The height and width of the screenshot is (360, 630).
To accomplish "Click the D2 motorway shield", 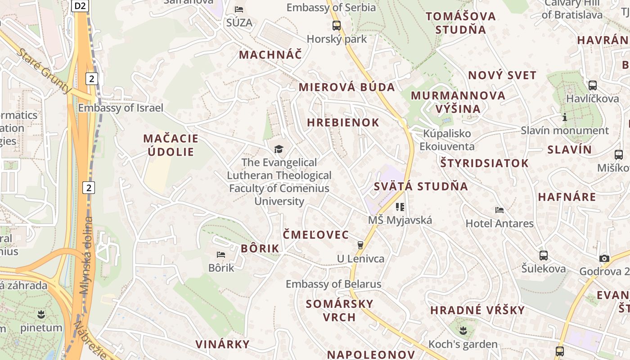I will pyautogui.click(x=80, y=6).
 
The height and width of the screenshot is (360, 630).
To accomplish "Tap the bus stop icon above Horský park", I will pyautogui.click(x=337, y=25).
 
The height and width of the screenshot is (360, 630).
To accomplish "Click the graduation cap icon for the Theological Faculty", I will pyautogui.click(x=279, y=148).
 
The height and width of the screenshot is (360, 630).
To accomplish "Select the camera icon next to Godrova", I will pyautogui.click(x=604, y=258).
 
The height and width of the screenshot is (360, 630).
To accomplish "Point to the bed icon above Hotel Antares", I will pyautogui.click(x=499, y=210).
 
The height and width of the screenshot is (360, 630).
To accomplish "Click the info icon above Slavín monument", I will pyautogui.click(x=564, y=117).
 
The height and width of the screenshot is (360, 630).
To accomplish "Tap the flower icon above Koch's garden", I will pyautogui.click(x=463, y=331).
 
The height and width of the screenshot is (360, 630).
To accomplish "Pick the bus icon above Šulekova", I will pyautogui.click(x=544, y=256).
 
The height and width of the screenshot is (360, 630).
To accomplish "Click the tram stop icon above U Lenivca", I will pyautogui.click(x=360, y=245).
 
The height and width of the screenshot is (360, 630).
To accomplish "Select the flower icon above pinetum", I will pyautogui.click(x=41, y=314).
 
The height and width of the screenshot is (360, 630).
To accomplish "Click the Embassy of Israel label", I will pyautogui.click(x=121, y=108).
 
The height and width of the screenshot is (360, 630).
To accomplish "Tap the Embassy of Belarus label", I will pyautogui.click(x=333, y=284).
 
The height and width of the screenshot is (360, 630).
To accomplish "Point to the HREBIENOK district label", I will pyautogui.click(x=343, y=122).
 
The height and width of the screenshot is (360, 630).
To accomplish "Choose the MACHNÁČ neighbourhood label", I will pyautogui.click(x=270, y=55).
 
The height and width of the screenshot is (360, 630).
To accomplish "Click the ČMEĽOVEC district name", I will pyautogui.click(x=315, y=234).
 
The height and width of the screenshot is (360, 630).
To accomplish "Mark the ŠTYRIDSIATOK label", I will pyautogui.click(x=484, y=163).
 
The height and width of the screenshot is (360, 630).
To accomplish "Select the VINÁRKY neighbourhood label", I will pyautogui.click(x=222, y=344).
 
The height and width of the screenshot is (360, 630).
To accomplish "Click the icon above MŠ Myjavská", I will pyautogui.click(x=400, y=207).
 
